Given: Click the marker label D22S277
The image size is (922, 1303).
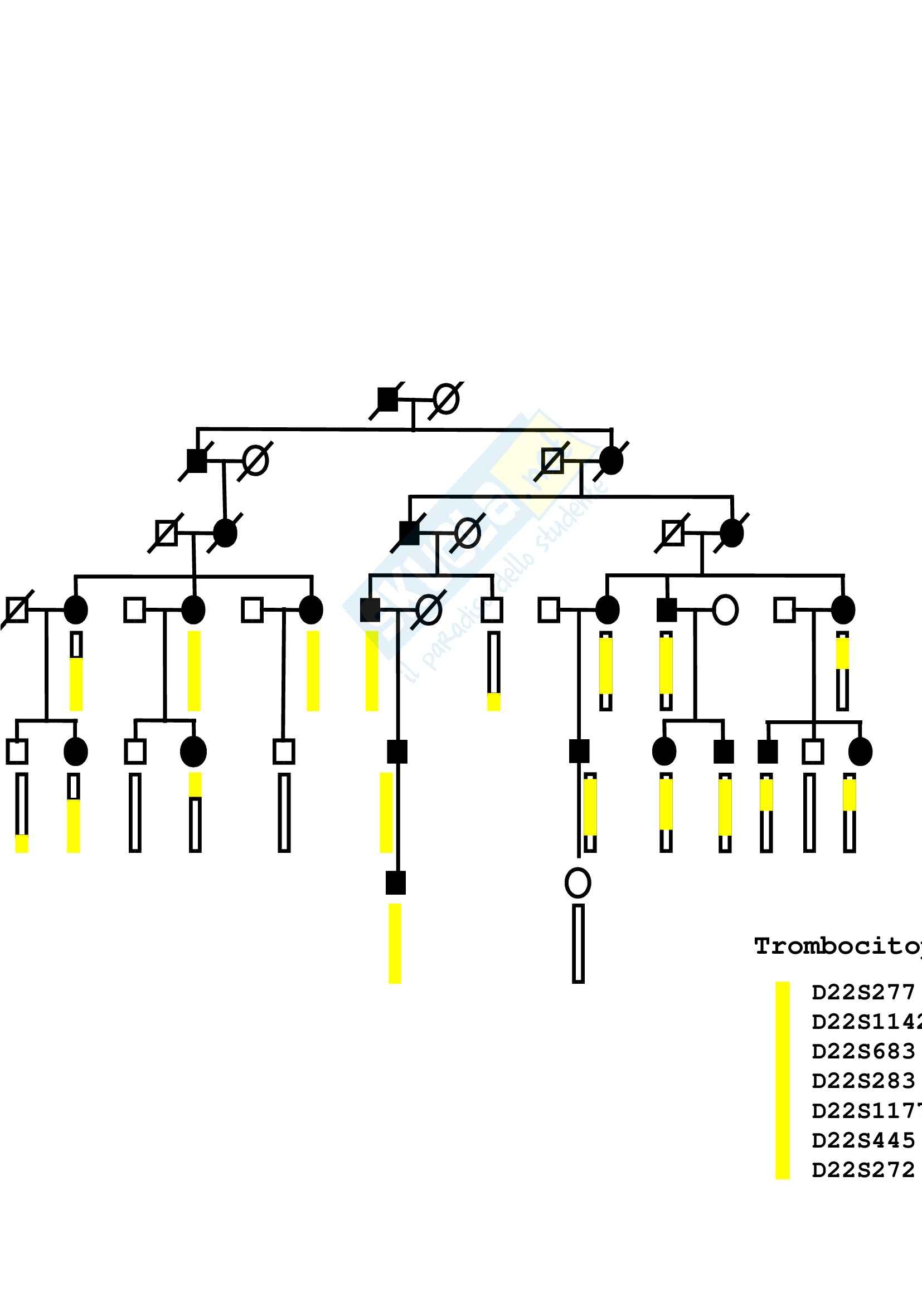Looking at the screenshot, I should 863,993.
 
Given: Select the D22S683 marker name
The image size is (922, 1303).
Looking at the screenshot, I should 863,1052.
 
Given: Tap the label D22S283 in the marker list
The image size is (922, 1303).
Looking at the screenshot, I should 863,1081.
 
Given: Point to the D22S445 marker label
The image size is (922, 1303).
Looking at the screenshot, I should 863,1140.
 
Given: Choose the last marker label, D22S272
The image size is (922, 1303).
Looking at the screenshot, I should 863,1170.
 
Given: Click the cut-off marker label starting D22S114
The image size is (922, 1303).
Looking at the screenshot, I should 866,1022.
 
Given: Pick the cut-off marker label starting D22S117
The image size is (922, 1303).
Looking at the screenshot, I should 866,1111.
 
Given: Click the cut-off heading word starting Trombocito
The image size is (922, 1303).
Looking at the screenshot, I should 837,946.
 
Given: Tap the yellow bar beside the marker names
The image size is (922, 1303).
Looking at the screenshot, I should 782,1081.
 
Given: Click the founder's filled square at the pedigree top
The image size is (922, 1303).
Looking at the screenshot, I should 388,399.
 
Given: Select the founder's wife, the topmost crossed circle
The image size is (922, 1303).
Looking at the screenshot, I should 446,399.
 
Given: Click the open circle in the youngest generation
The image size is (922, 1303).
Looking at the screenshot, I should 578,883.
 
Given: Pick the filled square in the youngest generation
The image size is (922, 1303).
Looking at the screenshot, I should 396,883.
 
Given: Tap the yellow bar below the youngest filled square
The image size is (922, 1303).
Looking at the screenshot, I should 395,943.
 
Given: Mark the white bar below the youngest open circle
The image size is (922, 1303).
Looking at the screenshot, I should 578,943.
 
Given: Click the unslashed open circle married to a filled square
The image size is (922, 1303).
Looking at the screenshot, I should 725,610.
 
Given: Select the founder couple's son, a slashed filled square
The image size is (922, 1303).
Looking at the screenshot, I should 197,461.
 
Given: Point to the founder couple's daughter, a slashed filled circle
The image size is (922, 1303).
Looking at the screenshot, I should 611,460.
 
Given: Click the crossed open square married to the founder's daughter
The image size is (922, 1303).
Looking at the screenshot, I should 552,460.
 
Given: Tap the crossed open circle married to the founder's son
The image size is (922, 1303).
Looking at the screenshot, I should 255,461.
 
